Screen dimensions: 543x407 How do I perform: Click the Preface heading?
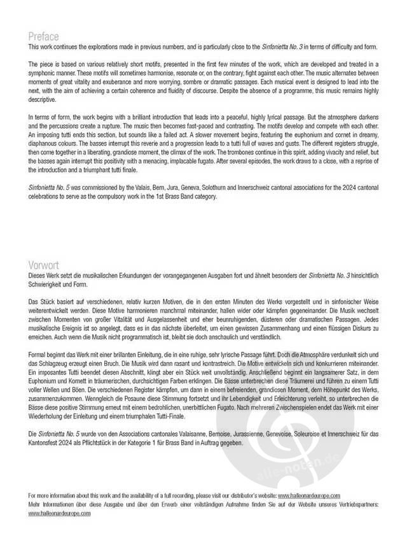tap(44, 36)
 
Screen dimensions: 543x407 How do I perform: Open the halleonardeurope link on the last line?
tap(59, 513)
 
